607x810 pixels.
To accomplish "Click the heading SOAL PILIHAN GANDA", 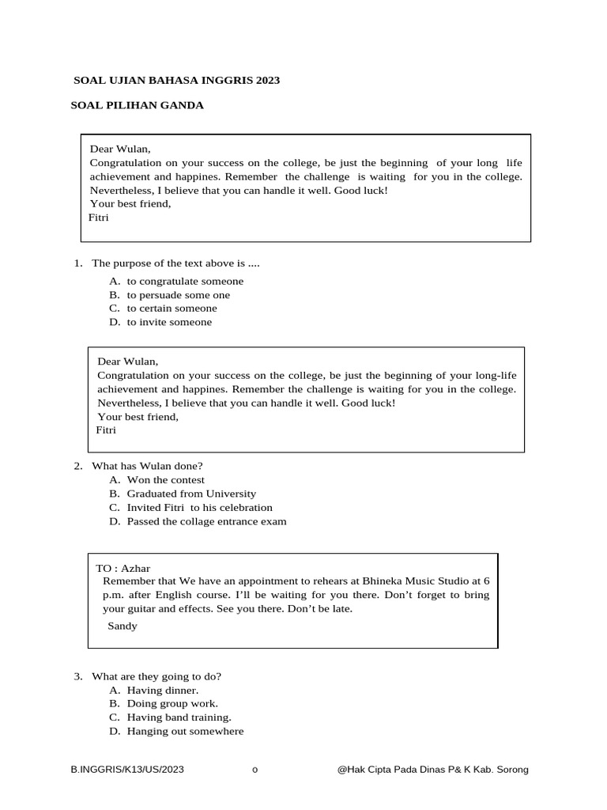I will pyautogui.click(x=138, y=105).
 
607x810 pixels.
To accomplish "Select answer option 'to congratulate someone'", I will pyautogui.click(x=185, y=281).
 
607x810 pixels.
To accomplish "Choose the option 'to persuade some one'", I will pyautogui.click(x=179, y=295).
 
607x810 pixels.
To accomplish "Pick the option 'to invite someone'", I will pyautogui.click(x=169, y=322).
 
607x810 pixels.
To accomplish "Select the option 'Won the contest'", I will pyautogui.click(x=165, y=479).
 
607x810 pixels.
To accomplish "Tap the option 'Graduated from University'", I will pyautogui.click(x=191, y=494).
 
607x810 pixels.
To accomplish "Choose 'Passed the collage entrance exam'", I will pyautogui.click(x=206, y=521).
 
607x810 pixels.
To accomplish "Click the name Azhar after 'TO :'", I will pyautogui.click(x=136, y=568).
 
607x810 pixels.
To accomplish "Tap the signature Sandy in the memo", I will pyautogui.click(x=123, y=626).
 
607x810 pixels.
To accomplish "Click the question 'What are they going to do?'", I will pyautogui.click(x=156, y=676).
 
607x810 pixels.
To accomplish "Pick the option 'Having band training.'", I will pyautogui.click(x=179, y=717).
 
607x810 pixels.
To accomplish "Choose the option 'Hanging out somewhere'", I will pyautogui.click(x=185, y=731).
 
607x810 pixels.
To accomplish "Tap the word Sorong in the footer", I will pyautogui.click(x=510, y=769).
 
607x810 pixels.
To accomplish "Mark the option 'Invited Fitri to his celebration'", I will pyautogui.click(x=199, y=507).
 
